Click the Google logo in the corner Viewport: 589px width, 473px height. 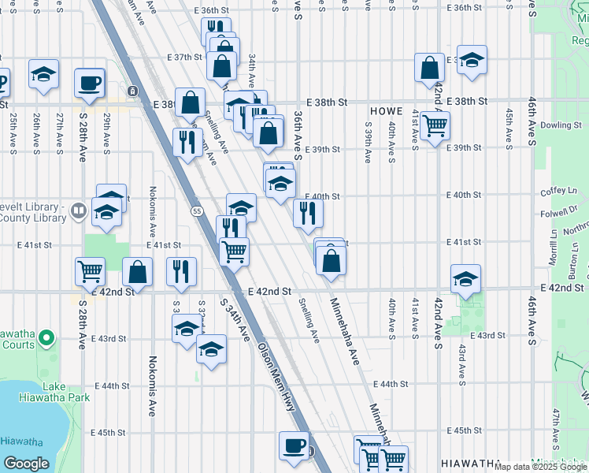[x=27, y=463]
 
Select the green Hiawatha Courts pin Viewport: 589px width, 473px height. [x=46, y=340]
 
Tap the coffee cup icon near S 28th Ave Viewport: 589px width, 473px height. [x=89, y=82]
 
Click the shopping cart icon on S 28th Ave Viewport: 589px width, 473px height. [x=91, y=270]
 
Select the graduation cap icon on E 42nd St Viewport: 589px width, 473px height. [x=466, y=278]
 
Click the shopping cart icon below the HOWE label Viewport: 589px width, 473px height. [x=435, y=125]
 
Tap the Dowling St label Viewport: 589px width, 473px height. [x=560, y=125]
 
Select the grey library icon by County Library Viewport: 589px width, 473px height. [x=78, y=210]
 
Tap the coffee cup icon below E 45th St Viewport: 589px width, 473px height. [x=294, y=445]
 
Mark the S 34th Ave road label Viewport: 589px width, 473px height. [x=236, y=320]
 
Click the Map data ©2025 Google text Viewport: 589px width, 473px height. [x=540, y=467]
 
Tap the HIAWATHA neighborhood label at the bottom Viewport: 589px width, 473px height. [x=471, y=463]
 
